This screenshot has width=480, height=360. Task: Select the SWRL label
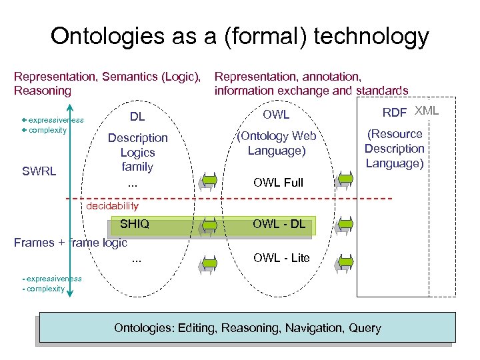pos(39,171)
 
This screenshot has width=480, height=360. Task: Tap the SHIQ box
pos(134,225)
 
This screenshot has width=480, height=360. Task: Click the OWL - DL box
pos(279,225)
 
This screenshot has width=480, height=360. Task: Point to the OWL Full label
pos(279,183)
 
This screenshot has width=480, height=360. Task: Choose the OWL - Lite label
pos(281,258)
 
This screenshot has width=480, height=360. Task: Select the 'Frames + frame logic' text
pos(71,243)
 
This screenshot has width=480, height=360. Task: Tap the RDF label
pos(395,113)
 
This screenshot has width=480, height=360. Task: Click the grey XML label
pos(427,111)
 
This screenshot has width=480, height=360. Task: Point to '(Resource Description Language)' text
pos(394,149)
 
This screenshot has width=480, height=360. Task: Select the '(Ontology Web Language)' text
pos(277,143)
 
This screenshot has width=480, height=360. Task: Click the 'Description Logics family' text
pos(137,152)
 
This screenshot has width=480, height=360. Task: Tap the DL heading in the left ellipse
pos(137,117)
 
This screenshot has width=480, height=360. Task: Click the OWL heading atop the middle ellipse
pos(276,115)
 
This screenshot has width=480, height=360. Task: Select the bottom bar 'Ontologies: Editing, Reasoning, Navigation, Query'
pos(247,328)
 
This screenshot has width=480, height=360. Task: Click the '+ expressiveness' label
pos(52,120)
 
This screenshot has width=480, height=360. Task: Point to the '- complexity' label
pos(43,289)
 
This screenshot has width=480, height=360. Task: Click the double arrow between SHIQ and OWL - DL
pos(209,225)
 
